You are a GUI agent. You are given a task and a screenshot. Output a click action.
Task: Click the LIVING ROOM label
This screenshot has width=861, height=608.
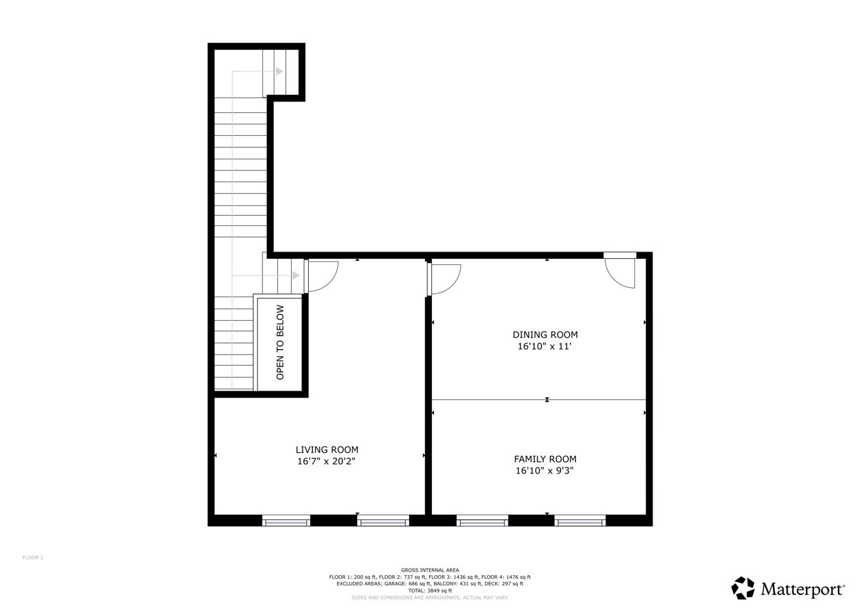point(327,450)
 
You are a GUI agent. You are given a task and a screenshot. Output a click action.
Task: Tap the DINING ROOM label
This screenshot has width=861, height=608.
point(545,335)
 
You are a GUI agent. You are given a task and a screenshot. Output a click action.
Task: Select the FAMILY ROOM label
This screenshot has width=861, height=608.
point(545,459)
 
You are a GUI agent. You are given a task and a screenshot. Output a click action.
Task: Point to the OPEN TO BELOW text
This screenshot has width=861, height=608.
point(280,342)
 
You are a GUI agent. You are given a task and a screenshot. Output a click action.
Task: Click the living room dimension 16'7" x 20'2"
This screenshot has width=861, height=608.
point(326,461)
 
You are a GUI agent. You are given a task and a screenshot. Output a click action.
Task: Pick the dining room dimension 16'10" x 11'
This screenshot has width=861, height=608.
point(545,346)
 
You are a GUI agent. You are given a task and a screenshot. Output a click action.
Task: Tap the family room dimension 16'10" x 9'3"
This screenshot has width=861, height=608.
point(545,470)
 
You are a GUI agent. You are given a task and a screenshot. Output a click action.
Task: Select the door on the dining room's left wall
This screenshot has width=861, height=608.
point(444,279)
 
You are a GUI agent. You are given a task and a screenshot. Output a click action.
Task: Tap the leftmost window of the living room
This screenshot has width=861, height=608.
point(286,521)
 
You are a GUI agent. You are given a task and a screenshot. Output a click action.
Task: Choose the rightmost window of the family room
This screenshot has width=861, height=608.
point(580,521)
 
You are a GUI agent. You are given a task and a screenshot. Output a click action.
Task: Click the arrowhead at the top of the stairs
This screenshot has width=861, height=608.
point(280,71)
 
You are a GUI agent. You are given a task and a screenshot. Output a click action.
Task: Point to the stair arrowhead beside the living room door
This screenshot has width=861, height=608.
point(296,276)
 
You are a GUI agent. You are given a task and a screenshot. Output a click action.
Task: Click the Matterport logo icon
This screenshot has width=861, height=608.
point(743,588)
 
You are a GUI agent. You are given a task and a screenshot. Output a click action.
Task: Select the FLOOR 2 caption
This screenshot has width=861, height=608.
point(33,558)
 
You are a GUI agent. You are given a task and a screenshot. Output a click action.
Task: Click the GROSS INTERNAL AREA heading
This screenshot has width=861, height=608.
point(430,570)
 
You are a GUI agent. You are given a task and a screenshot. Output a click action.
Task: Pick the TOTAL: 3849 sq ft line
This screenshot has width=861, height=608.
point(430,591)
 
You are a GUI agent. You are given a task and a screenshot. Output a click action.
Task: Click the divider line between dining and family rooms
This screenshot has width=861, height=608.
point(539,400)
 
